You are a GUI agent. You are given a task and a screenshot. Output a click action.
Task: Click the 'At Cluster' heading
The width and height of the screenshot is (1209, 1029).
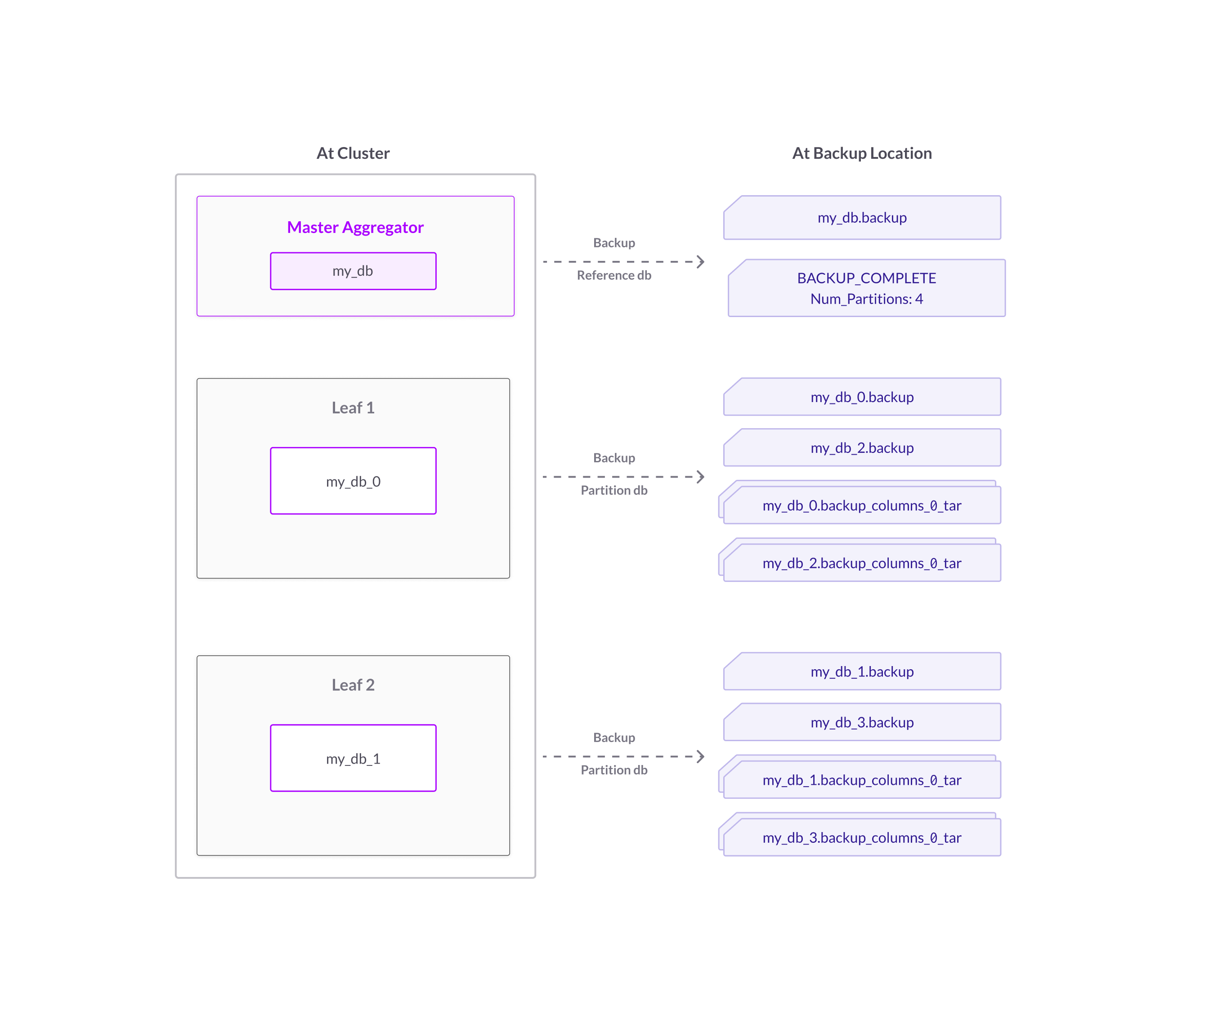(353, 153)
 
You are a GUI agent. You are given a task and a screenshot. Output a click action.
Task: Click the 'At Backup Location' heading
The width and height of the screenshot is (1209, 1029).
(861, 153)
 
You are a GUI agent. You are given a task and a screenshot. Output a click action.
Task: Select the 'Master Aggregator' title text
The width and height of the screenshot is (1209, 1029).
(355, 227)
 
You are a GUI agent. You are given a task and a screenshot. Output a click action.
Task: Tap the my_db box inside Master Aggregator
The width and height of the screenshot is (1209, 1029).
(353, 271)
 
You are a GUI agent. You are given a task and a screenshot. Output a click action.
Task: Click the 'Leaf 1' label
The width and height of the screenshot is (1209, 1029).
(353, 408)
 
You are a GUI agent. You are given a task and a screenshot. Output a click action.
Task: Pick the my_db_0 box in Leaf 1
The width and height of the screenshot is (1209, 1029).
(353, 481)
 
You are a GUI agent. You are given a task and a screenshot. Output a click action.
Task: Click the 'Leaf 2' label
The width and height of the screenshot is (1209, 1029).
(353, 685)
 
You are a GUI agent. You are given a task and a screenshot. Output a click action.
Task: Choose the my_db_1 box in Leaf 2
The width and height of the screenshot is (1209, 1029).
(353, 758)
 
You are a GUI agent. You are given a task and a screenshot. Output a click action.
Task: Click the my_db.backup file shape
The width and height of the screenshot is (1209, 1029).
(862, 218)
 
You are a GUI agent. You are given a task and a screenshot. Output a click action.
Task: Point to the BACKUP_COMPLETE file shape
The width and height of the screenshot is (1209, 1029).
(866, 288)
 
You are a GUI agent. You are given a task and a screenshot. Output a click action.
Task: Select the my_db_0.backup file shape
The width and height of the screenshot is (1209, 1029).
(862, 397)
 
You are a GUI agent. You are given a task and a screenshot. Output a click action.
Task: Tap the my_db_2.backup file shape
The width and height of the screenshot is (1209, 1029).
(862, 448)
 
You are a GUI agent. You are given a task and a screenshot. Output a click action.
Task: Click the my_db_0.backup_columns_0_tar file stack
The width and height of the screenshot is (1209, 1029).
(862, 505)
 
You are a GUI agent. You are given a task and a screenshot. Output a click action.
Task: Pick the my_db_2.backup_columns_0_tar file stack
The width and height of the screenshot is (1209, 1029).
(862, 563)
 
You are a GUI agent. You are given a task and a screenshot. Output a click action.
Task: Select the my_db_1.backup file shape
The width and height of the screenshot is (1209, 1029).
(862, 671)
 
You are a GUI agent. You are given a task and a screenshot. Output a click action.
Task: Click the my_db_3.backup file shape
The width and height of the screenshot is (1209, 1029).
(862, 722)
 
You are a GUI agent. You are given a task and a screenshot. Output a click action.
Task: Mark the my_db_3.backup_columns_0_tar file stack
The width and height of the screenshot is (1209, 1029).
(862, 838)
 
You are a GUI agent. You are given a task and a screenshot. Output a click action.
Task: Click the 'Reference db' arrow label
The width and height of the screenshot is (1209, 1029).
(614, 275)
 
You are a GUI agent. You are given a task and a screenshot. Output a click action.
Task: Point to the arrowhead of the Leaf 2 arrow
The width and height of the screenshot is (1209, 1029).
(701, 756)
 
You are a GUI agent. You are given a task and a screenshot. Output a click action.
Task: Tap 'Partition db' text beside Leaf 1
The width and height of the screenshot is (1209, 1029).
(614, 491)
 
